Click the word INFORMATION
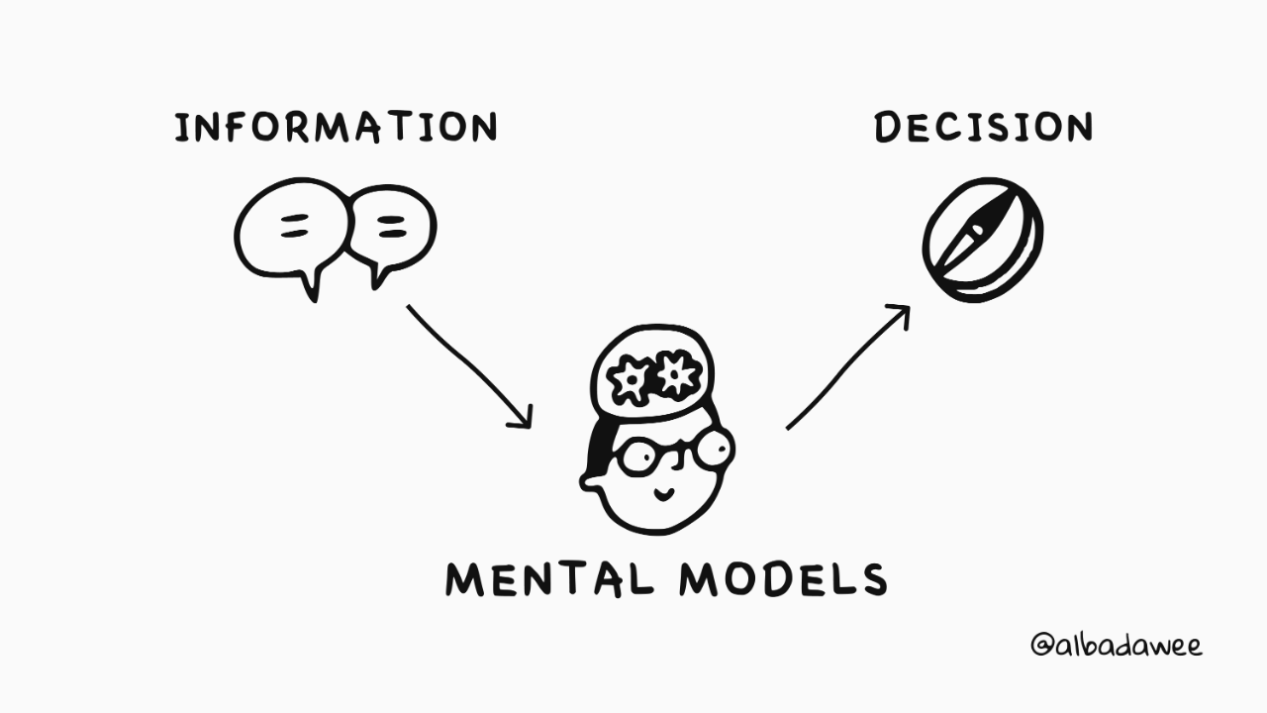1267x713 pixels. click(x=336, y=128)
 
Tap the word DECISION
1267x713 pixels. click(x=983, y=128)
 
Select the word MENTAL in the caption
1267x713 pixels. click(x=547, y=578)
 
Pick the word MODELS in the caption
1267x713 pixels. click(x=782, y=578)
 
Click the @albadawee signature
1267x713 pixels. click(x=1116, y=646)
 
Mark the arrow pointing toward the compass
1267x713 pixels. click(x=847, y=367)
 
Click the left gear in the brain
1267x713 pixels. click(x=631, y=380)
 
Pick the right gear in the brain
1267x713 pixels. click(x=678, y=372)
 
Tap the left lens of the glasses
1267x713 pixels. click(x=642, y=458)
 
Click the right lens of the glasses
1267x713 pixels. click(x=713, y=450)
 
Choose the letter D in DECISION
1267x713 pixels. click(x=889, y=128)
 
